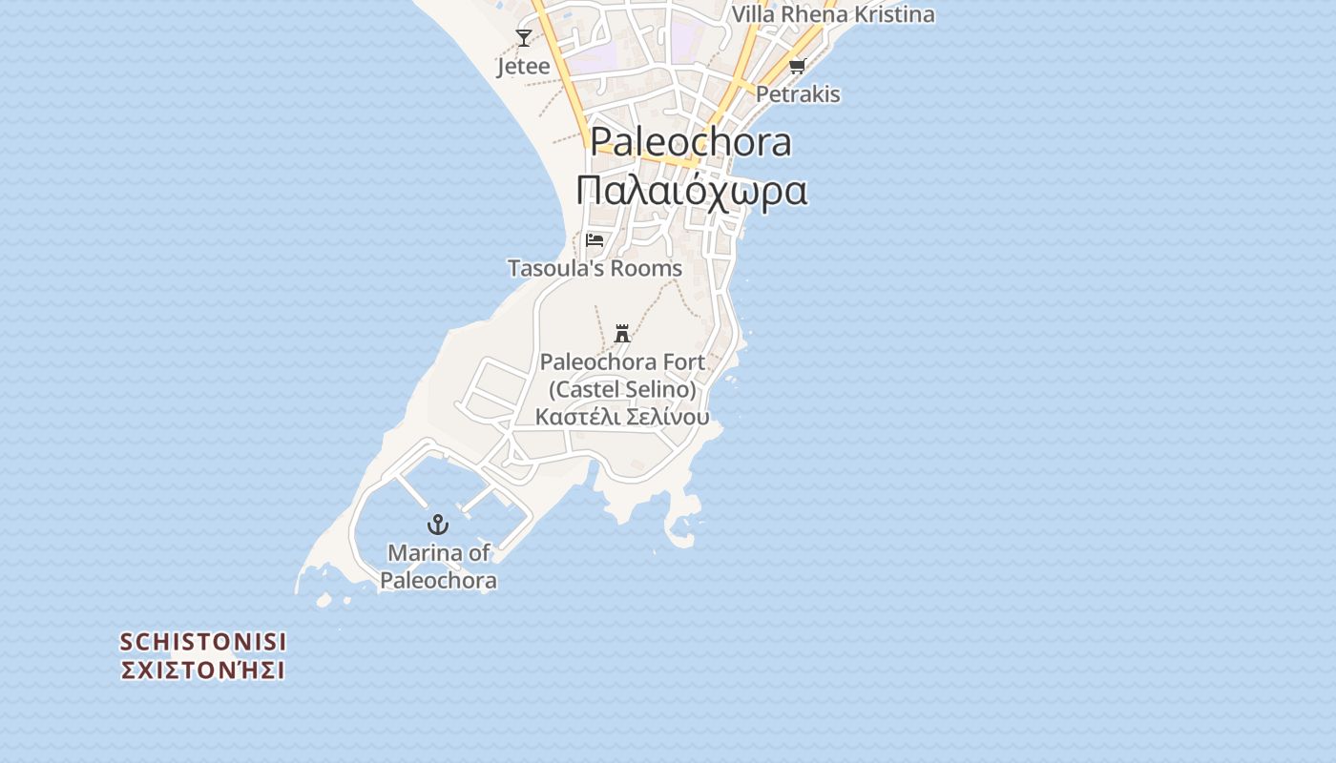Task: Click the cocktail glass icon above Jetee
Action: point(523,38)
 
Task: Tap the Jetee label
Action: point(523,66)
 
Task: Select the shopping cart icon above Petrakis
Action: point(797,66)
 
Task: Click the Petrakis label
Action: point(798,93)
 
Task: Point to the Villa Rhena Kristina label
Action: point(832,14)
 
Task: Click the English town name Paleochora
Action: point(691,141)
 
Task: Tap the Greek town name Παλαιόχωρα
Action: point(691,191)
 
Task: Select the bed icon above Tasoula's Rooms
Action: point(595,239)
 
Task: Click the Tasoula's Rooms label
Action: point(595,268)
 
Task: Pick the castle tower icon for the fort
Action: point(622,333)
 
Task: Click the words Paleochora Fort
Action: point(622,362)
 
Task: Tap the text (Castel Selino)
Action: point(622,389)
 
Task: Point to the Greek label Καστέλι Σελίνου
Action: point(622,417)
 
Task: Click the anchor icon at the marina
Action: point(437,524)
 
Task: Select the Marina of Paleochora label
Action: point(438,567)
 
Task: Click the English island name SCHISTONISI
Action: point(203,642)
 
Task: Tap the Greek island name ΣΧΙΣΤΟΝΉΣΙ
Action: point(203,670)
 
